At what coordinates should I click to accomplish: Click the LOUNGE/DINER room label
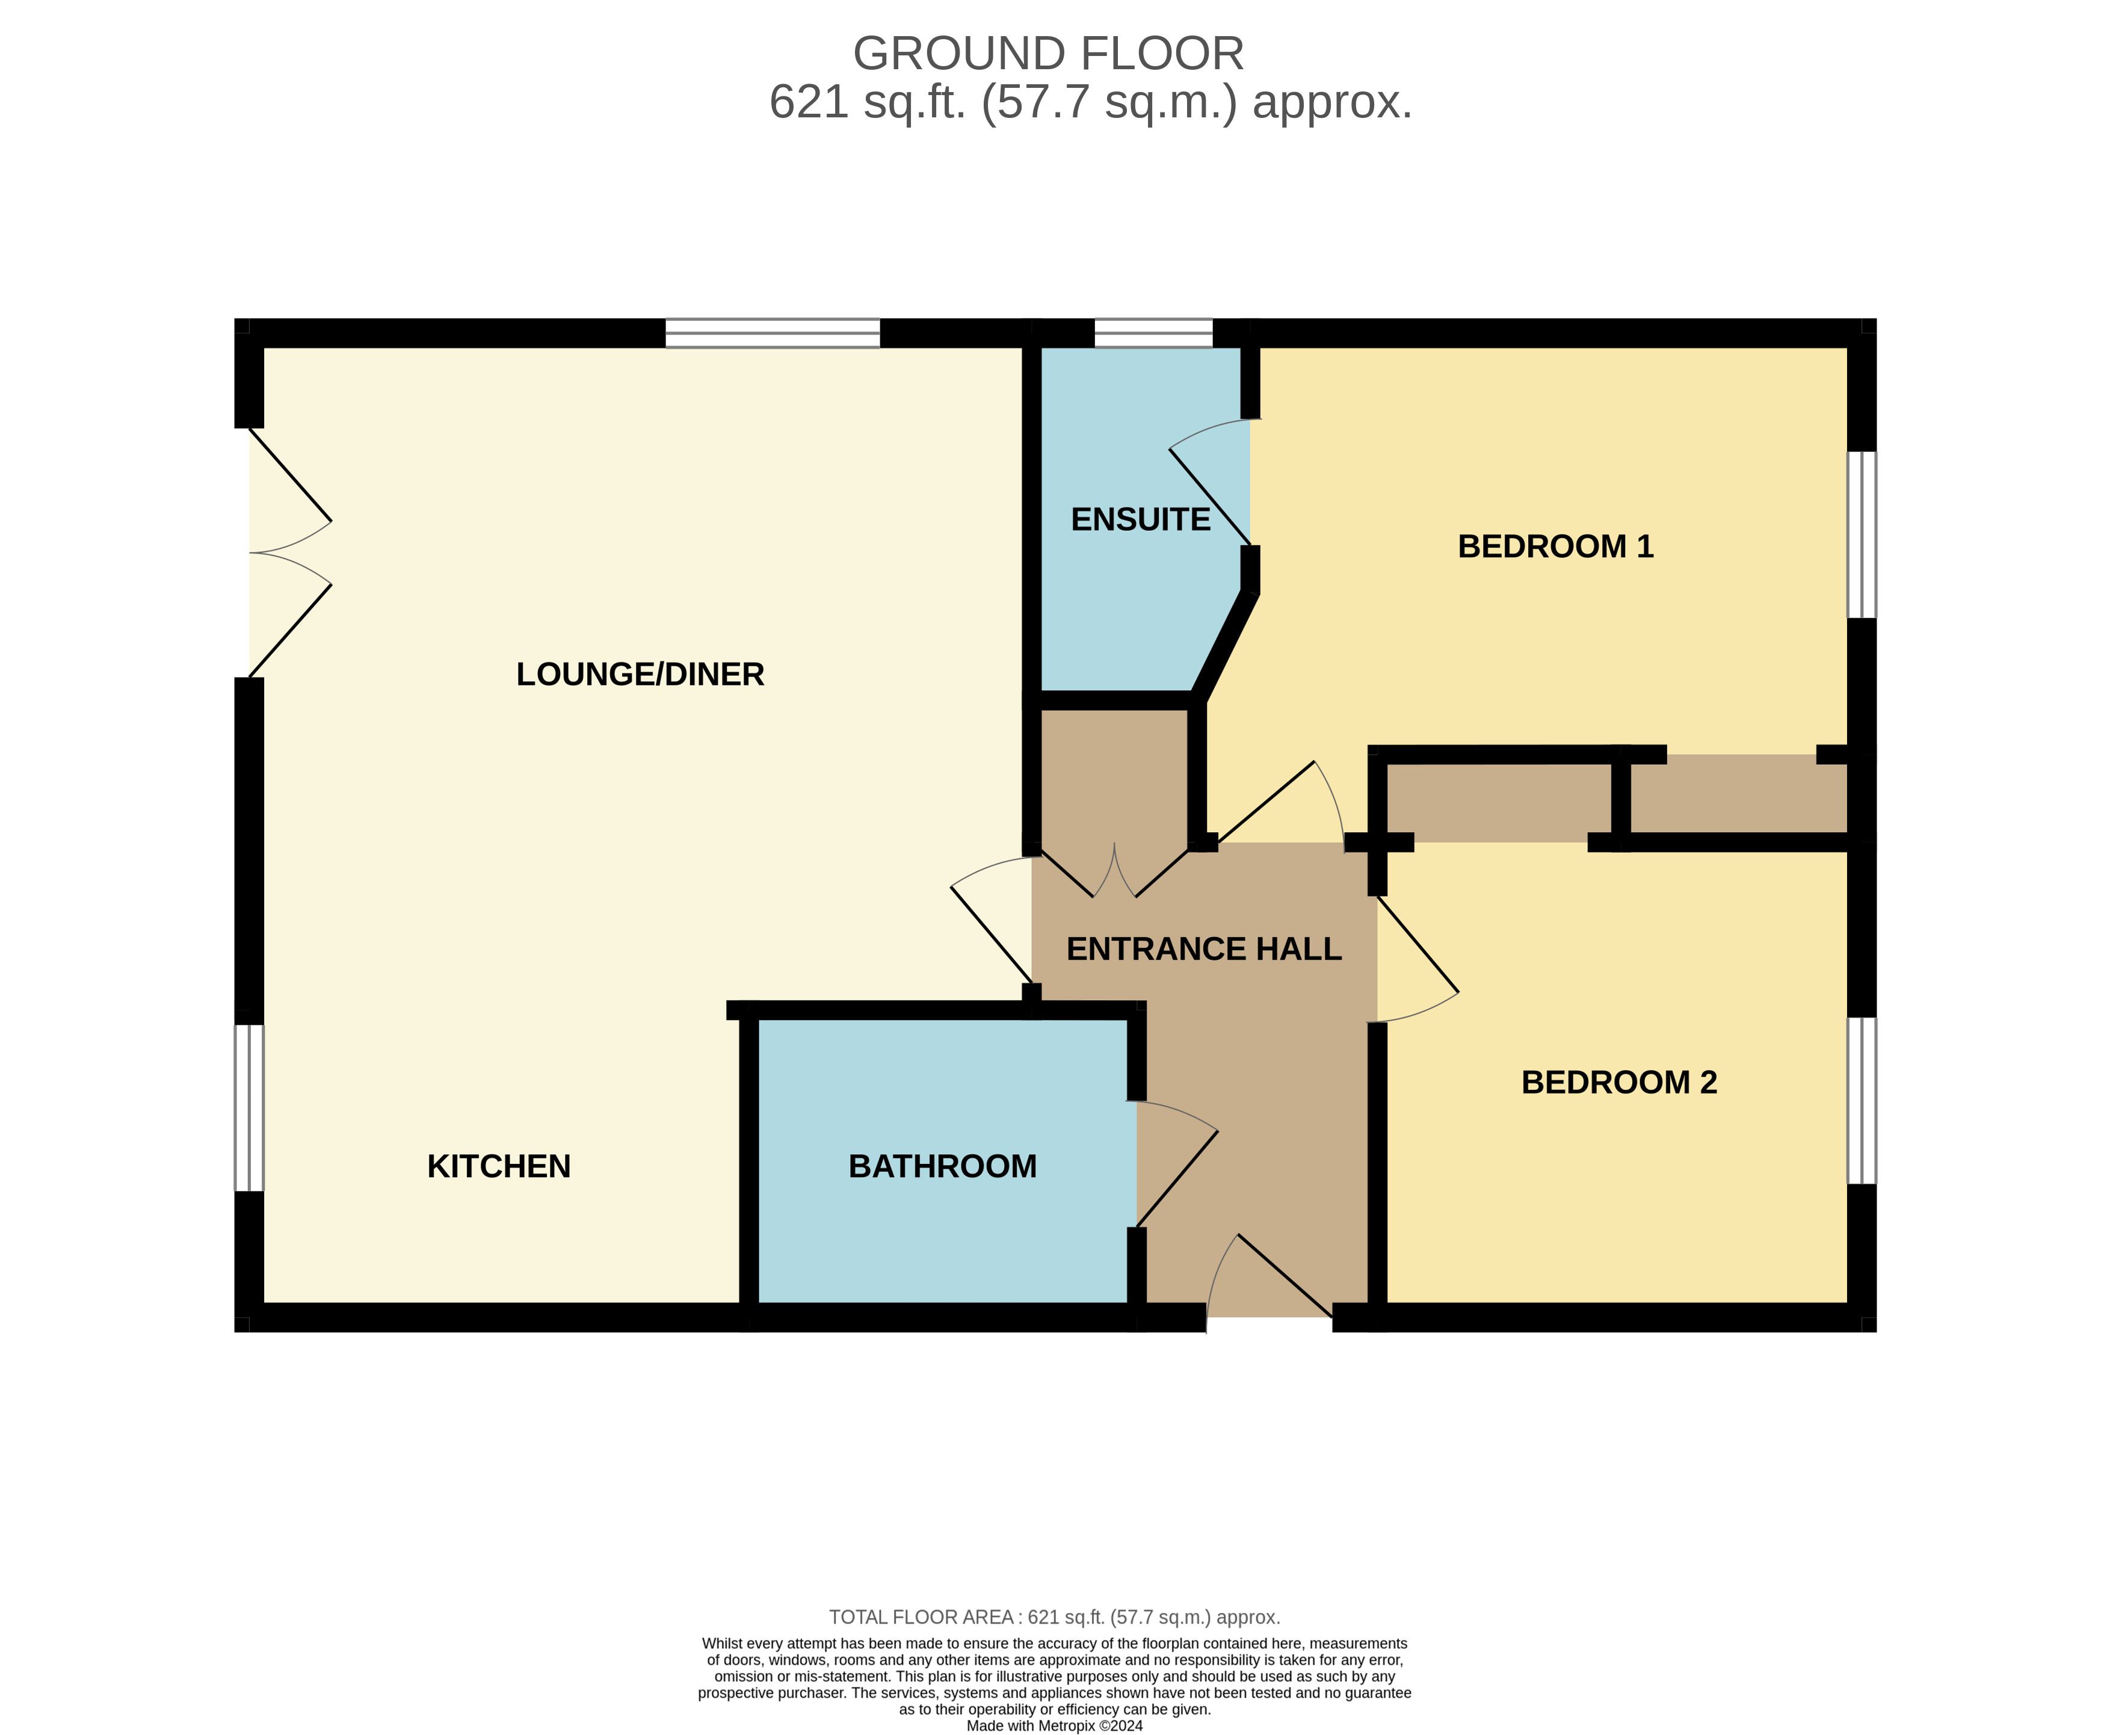(640, 675)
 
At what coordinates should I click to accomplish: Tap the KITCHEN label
(499, 1166)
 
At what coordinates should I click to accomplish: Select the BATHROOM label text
(942, 1166)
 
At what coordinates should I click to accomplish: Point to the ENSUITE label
(1140, 520)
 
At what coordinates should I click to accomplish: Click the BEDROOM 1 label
(1555, 546)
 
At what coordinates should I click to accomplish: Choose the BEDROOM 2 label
(1618, 1083)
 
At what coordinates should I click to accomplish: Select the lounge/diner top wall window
(773, 333)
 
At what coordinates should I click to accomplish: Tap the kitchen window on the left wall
(248, 1107)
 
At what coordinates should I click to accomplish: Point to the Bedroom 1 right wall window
(1862, 534)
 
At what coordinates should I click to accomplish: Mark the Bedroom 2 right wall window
(1862, 1100)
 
